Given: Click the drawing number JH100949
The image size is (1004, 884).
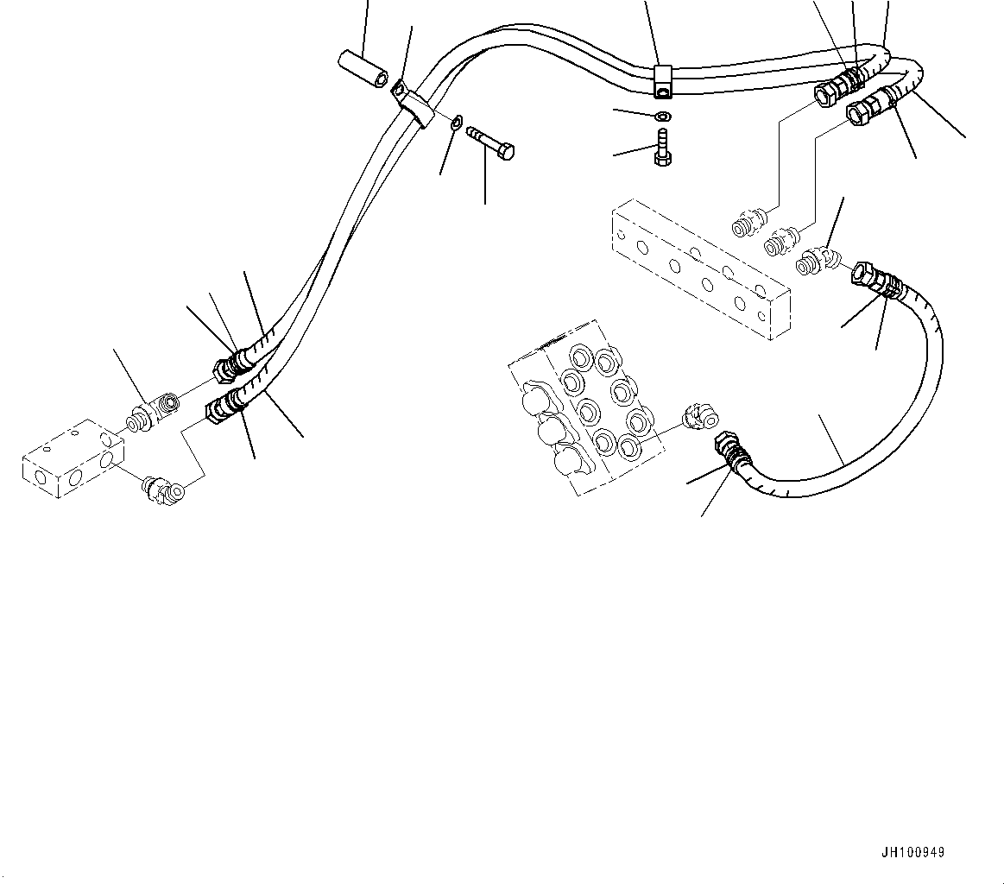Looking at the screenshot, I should coord(912,853).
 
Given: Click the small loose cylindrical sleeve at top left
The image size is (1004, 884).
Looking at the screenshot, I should coord(362,69).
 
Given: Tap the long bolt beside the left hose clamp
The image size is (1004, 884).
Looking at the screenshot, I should coord(489,142).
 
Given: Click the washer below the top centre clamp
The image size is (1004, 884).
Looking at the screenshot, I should coord(661,117).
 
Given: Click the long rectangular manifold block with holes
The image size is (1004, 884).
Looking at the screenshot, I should coord(699,268).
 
